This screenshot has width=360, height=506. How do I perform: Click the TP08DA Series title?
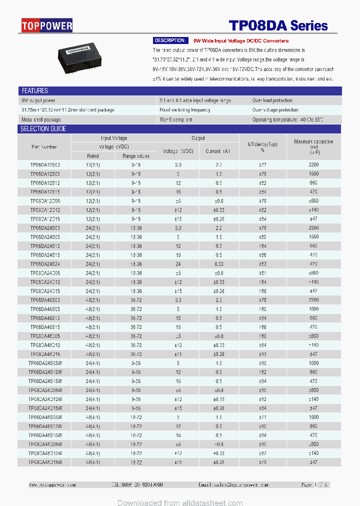click(x=278, y=26)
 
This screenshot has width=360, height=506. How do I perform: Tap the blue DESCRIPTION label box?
click(x=169, y=40)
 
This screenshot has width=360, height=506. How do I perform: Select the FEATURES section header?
click(x=34, y=91)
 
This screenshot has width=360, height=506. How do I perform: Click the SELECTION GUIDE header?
click(x=43, y=129)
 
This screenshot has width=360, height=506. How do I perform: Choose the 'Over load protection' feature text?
click(x=272, y=100)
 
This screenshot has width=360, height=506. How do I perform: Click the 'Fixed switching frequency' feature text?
click(x=184, y=110)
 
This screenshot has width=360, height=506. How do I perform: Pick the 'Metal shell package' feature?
click(x=41, y=119)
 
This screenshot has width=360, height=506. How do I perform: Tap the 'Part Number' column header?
click(x=44, y=147)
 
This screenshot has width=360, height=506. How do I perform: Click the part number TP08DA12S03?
click(x=44, y=164)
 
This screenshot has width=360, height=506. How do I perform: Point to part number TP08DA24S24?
click(x=44, y=264)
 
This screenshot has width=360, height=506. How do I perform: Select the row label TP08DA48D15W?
click(x=44, y=462)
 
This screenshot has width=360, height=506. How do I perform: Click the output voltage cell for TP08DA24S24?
click(x=178, y=264)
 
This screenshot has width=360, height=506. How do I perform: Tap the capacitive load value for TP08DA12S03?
click(x=313, y=164)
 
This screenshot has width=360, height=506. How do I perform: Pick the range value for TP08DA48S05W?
click(x=136, y=417)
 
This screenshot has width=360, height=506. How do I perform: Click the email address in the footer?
click(x=233, y=485)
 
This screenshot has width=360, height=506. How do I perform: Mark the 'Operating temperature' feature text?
click(x=287, y=119)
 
